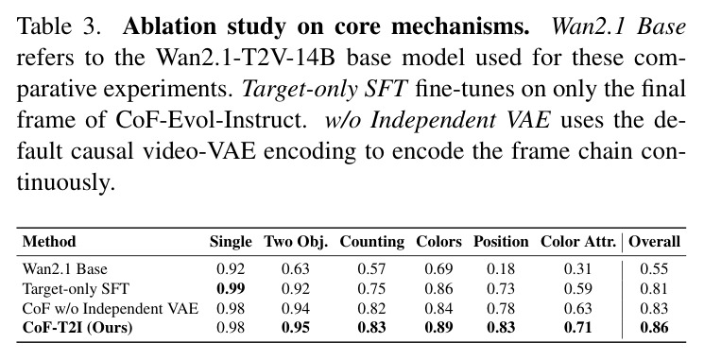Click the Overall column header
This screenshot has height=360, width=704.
[x=654, y=242]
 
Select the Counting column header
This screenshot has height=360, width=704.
[x=371, y=243]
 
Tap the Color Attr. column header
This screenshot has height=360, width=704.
[x=578, y=242]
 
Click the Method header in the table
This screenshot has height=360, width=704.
[x=49, y=242]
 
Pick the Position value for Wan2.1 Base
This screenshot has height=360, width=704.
[x=501, y=269]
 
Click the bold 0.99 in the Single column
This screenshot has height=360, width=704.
[x=231, y=288]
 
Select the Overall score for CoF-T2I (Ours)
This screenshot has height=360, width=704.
[x=654, y=327]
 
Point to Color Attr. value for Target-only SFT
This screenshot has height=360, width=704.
[x=578, y=288]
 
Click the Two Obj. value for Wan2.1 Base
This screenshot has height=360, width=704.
[x=296, y=269]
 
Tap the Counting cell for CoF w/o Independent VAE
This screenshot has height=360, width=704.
[x=371, y=308]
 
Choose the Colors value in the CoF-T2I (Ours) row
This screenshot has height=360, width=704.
[x=438, y=327]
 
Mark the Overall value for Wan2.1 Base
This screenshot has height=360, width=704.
[x=654, y=269]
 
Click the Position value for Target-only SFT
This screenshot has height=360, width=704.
[x=501, y=288]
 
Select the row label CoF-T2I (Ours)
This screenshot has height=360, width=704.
[x=77, y=328]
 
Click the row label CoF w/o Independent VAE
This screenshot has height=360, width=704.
[x=111, y=308]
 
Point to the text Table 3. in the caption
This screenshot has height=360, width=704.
[x=59, y=27]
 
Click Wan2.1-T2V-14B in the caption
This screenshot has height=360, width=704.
[x=245, y=59]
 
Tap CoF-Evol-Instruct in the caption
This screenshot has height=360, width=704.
[x=208, y=121]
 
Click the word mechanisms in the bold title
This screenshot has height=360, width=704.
[x=460, y=27]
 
